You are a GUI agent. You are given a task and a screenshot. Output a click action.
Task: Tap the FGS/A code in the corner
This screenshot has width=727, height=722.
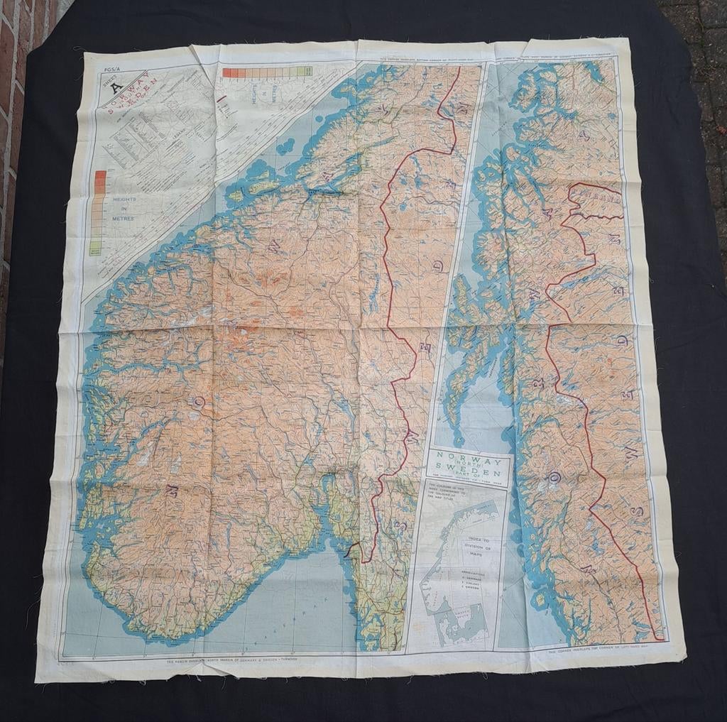(x=111, y=70)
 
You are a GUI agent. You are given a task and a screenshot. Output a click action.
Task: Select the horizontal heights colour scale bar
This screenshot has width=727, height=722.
(x=267, y=72)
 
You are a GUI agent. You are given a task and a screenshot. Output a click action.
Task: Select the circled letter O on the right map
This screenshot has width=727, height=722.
(x=552, y=476)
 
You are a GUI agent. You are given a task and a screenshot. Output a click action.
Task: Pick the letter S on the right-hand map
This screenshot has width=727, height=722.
(x=637, y=511)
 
